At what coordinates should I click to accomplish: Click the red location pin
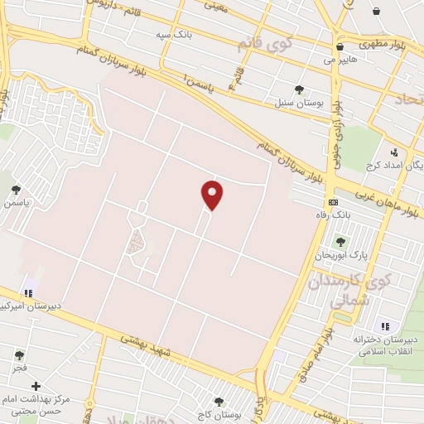[212, 195]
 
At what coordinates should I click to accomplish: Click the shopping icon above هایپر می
[340, 46]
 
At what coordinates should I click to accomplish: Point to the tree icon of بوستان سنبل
[299, 90]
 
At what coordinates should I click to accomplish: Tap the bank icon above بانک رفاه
[333, 202]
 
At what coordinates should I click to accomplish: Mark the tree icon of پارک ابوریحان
[340, 242]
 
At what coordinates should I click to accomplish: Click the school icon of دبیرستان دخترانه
[383, 325]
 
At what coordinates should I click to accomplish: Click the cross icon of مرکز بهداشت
[36, 386]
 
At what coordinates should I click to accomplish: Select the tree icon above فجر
[18, 354]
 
